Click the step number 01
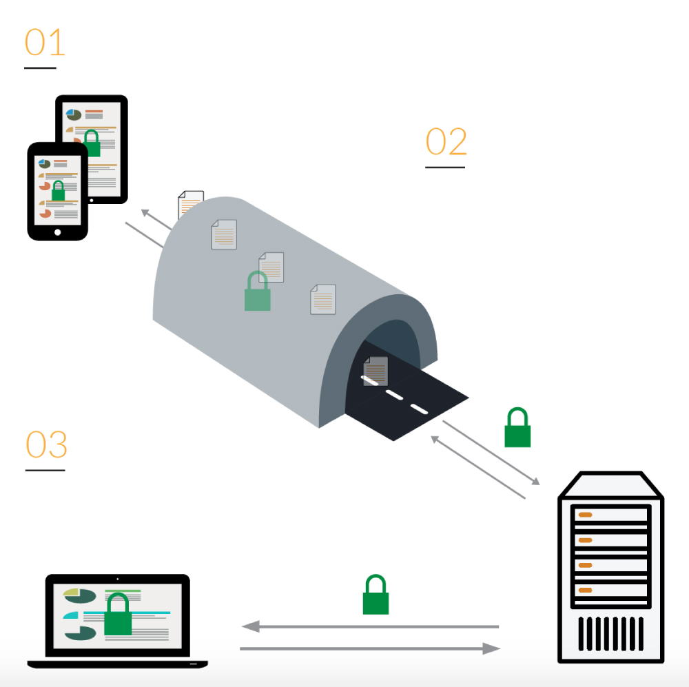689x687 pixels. (x=45, y=43)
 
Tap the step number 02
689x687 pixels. (x=446, y=142)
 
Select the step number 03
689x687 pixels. (x=47, y=445)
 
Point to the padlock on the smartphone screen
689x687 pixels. (x=58, y=191)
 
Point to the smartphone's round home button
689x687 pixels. (x=57, y=232)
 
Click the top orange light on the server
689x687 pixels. (x=586, y=515)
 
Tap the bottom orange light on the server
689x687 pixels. (x=586, y=590)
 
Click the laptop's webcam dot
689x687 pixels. (x=117, y=579)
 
